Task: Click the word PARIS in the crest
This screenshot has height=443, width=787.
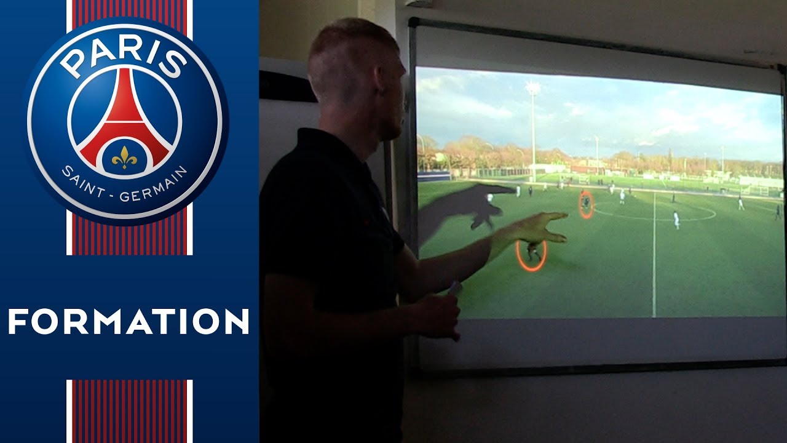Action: (x=125, y=58)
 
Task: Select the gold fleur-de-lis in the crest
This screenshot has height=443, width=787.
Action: (x=124, y=158)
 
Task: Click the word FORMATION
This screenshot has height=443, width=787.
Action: (x=129, y=322)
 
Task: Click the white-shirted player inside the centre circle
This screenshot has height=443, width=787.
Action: (x=676, y=219)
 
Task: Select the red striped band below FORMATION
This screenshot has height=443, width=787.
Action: (x=130, y=409)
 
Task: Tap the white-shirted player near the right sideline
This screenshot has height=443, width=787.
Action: (x=741, y=203)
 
